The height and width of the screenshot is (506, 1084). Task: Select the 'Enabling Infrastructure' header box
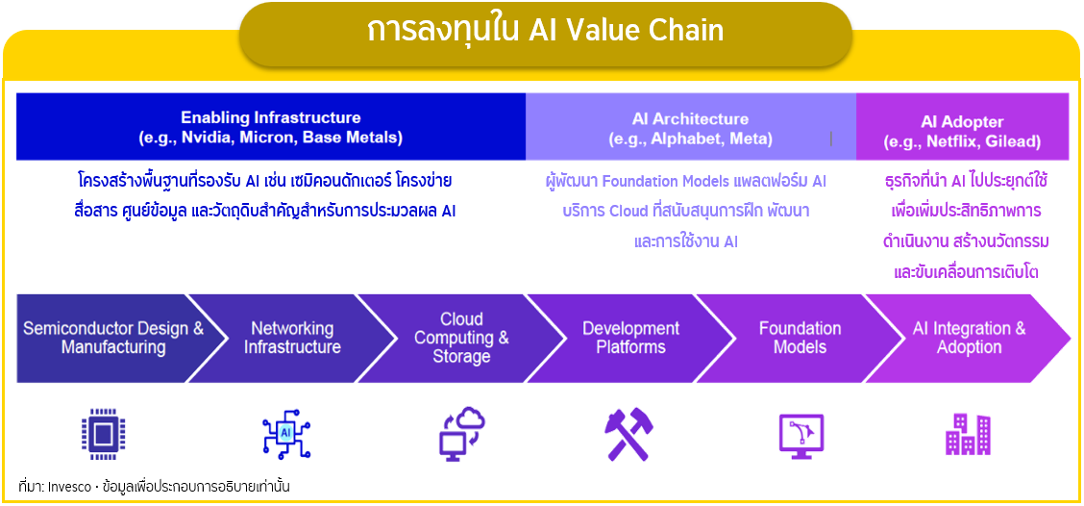271,127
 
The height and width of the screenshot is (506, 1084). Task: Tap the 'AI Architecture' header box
691,127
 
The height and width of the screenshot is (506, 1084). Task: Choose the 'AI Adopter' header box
962,127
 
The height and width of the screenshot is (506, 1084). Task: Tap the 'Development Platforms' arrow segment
630,338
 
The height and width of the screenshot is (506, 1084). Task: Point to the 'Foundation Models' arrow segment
799,338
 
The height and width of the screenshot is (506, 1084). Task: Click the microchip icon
104,434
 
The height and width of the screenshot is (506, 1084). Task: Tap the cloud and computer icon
462,433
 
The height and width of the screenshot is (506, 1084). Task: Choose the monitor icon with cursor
801,436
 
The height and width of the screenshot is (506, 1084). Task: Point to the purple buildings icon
968,435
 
